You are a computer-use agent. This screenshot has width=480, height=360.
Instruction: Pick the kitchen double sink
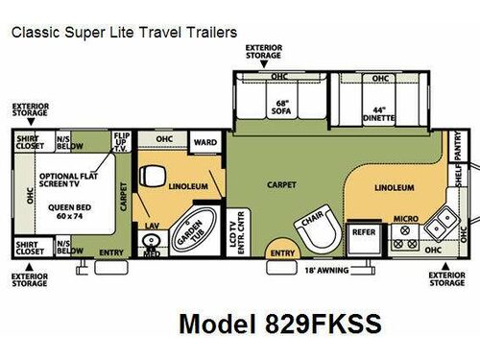tap(442, 224)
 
